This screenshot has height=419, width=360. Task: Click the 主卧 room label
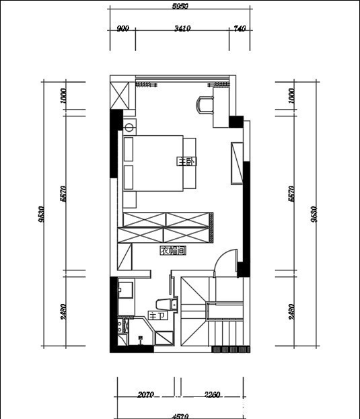[x=186, y=161]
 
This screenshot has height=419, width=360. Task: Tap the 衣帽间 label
[x=172, y=250]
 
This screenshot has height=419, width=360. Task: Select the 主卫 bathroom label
[x=155, y=315]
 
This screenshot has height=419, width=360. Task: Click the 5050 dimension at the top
[x=180, y=6]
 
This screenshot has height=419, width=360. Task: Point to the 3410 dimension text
[x=182, y=29]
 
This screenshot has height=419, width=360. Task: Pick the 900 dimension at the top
[x=122, y=29]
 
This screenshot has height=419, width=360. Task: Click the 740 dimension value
[x=240, y=29]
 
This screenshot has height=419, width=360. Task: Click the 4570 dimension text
[x=180, y=416]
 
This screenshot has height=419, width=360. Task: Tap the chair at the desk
[x=204, y=103]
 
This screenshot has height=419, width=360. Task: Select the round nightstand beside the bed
[x=130, y=126]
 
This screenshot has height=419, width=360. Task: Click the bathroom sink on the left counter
[x=125, y=290]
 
